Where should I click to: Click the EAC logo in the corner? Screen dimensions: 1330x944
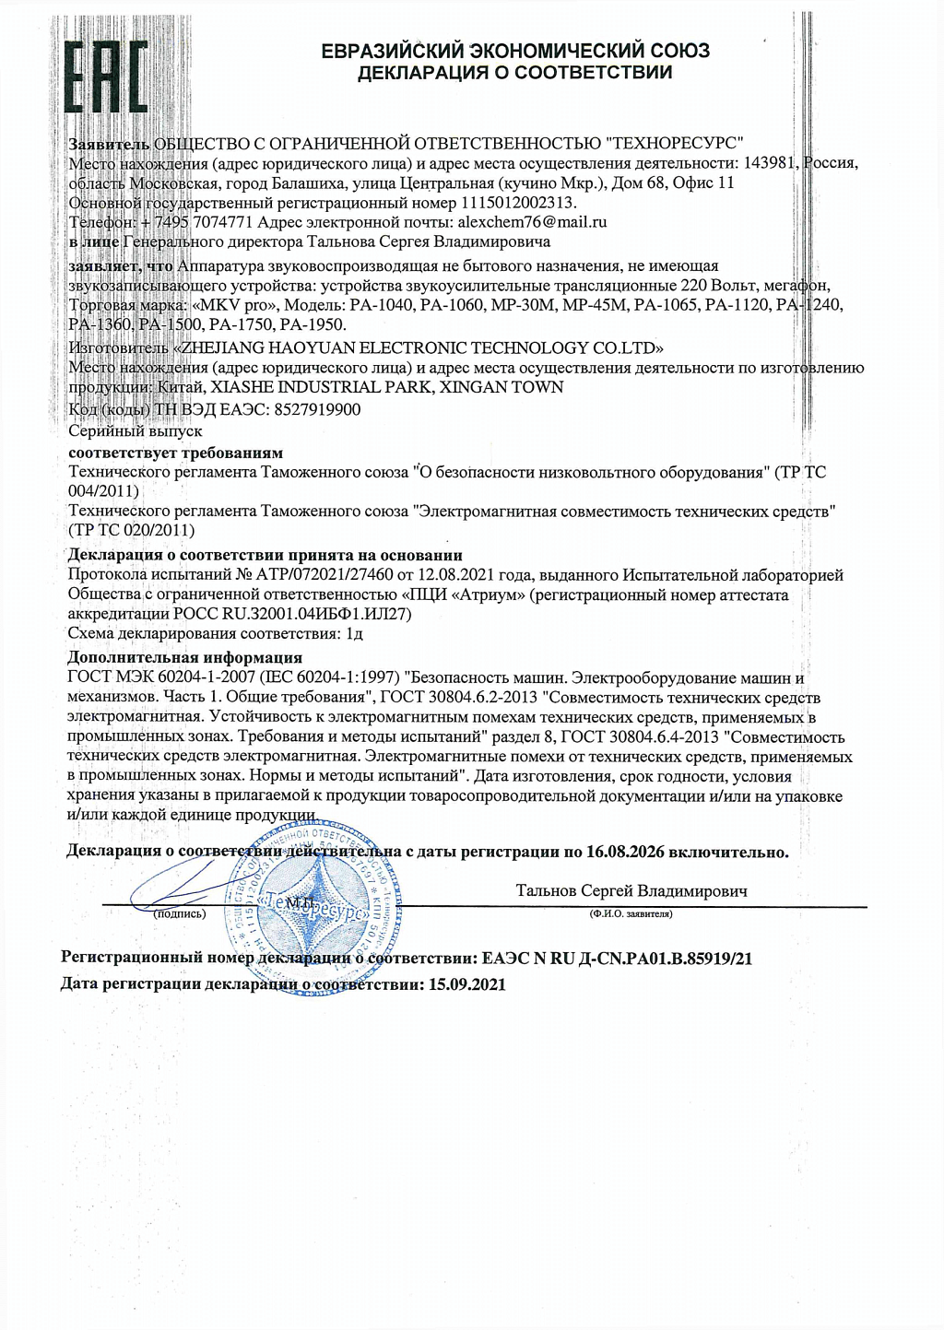coord(106,77)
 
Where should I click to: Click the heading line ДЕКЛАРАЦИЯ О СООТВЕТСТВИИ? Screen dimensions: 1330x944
coord(514,73)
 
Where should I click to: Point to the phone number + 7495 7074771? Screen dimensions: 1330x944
coord(196,222)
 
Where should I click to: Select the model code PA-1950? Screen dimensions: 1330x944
coord(313,324)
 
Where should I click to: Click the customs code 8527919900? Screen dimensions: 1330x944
coord(317,409)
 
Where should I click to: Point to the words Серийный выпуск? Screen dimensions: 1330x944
coord(136,430)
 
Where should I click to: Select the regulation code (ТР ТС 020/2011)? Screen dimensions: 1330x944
coord(132,530)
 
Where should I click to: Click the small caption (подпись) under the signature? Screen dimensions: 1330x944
coord(179,914)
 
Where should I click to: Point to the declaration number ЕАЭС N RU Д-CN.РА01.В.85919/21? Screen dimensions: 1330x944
coord(617,959)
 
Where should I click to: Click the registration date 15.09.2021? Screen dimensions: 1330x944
coord(467,984)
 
